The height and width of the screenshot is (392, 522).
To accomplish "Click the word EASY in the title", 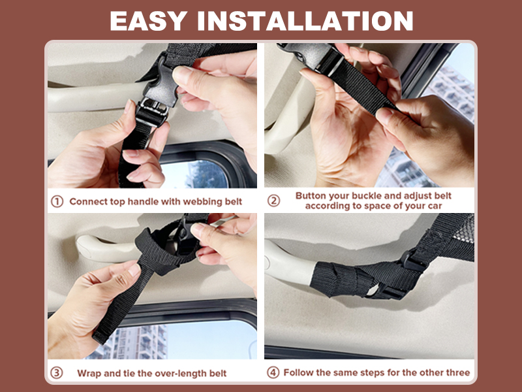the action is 148,21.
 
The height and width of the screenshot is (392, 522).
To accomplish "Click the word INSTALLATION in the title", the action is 305,21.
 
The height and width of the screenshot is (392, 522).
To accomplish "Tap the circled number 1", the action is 57,201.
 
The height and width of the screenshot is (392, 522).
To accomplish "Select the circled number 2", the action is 273,201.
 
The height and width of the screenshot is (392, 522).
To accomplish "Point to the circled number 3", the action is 57,372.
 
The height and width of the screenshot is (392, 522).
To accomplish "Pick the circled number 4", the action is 273,372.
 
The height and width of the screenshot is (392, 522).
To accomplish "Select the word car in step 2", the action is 435,206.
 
